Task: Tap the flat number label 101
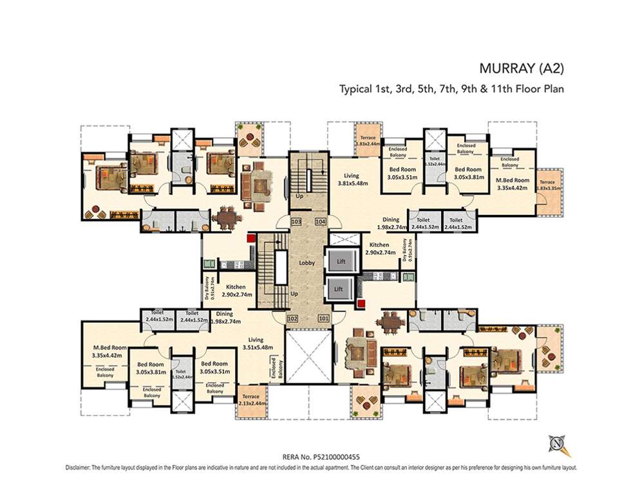[323, 318]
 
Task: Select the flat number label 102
[292, 318]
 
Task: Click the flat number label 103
[296, 221]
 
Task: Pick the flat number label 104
[320, 221]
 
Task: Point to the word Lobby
[306, 263]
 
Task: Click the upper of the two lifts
[341, 261]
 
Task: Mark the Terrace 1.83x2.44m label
[368, 140]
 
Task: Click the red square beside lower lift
[363, 303]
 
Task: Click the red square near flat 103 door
[250, 238]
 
